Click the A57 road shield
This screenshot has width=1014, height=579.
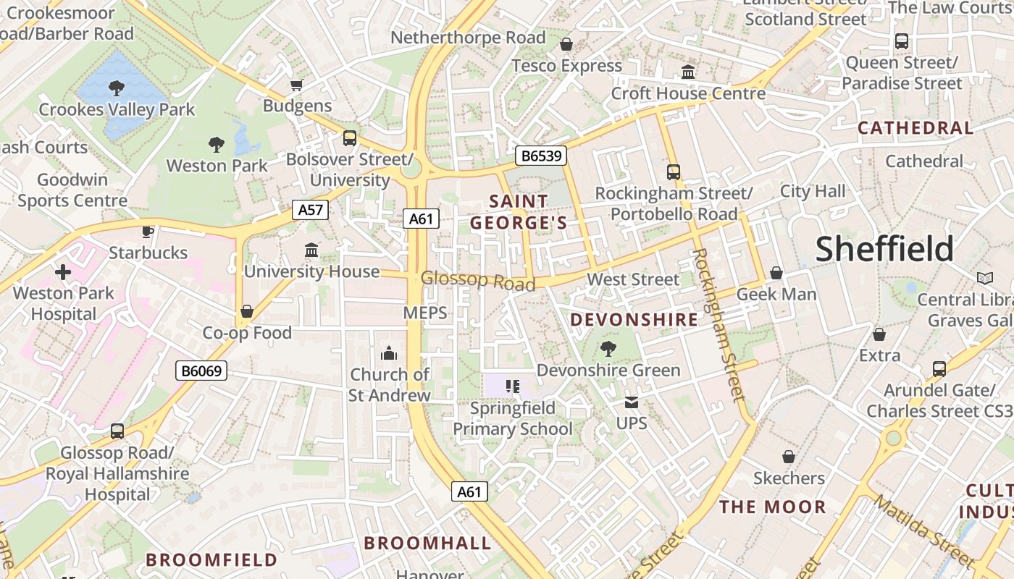[311, 211]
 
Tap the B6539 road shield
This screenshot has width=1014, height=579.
[540, 156]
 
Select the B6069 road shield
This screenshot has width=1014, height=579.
[201, 371]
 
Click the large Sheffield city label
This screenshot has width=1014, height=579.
[884, 249]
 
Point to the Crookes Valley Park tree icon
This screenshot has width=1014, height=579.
[116, 88]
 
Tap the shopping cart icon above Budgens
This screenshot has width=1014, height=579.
[296, 85]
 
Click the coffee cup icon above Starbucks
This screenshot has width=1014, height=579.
[148, 232]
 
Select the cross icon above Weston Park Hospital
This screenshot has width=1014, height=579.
[63, 272]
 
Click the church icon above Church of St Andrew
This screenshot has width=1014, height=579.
[389, 353]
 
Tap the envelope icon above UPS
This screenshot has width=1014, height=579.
[632, 402]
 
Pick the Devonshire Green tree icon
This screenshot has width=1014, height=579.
[608, 349]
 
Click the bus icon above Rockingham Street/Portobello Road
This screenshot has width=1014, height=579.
[674, 172]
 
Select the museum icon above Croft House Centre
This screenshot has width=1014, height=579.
[688, 72]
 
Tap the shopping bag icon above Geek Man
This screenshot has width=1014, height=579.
[776, 273]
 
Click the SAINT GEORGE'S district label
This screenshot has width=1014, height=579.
[518, 212]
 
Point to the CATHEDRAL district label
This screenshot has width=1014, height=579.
[915, 128]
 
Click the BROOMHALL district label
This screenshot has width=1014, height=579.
[427, 543]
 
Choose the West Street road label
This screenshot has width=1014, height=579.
[633, 279]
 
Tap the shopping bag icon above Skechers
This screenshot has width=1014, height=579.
[789, 457]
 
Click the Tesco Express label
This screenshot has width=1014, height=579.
[566, 66]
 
